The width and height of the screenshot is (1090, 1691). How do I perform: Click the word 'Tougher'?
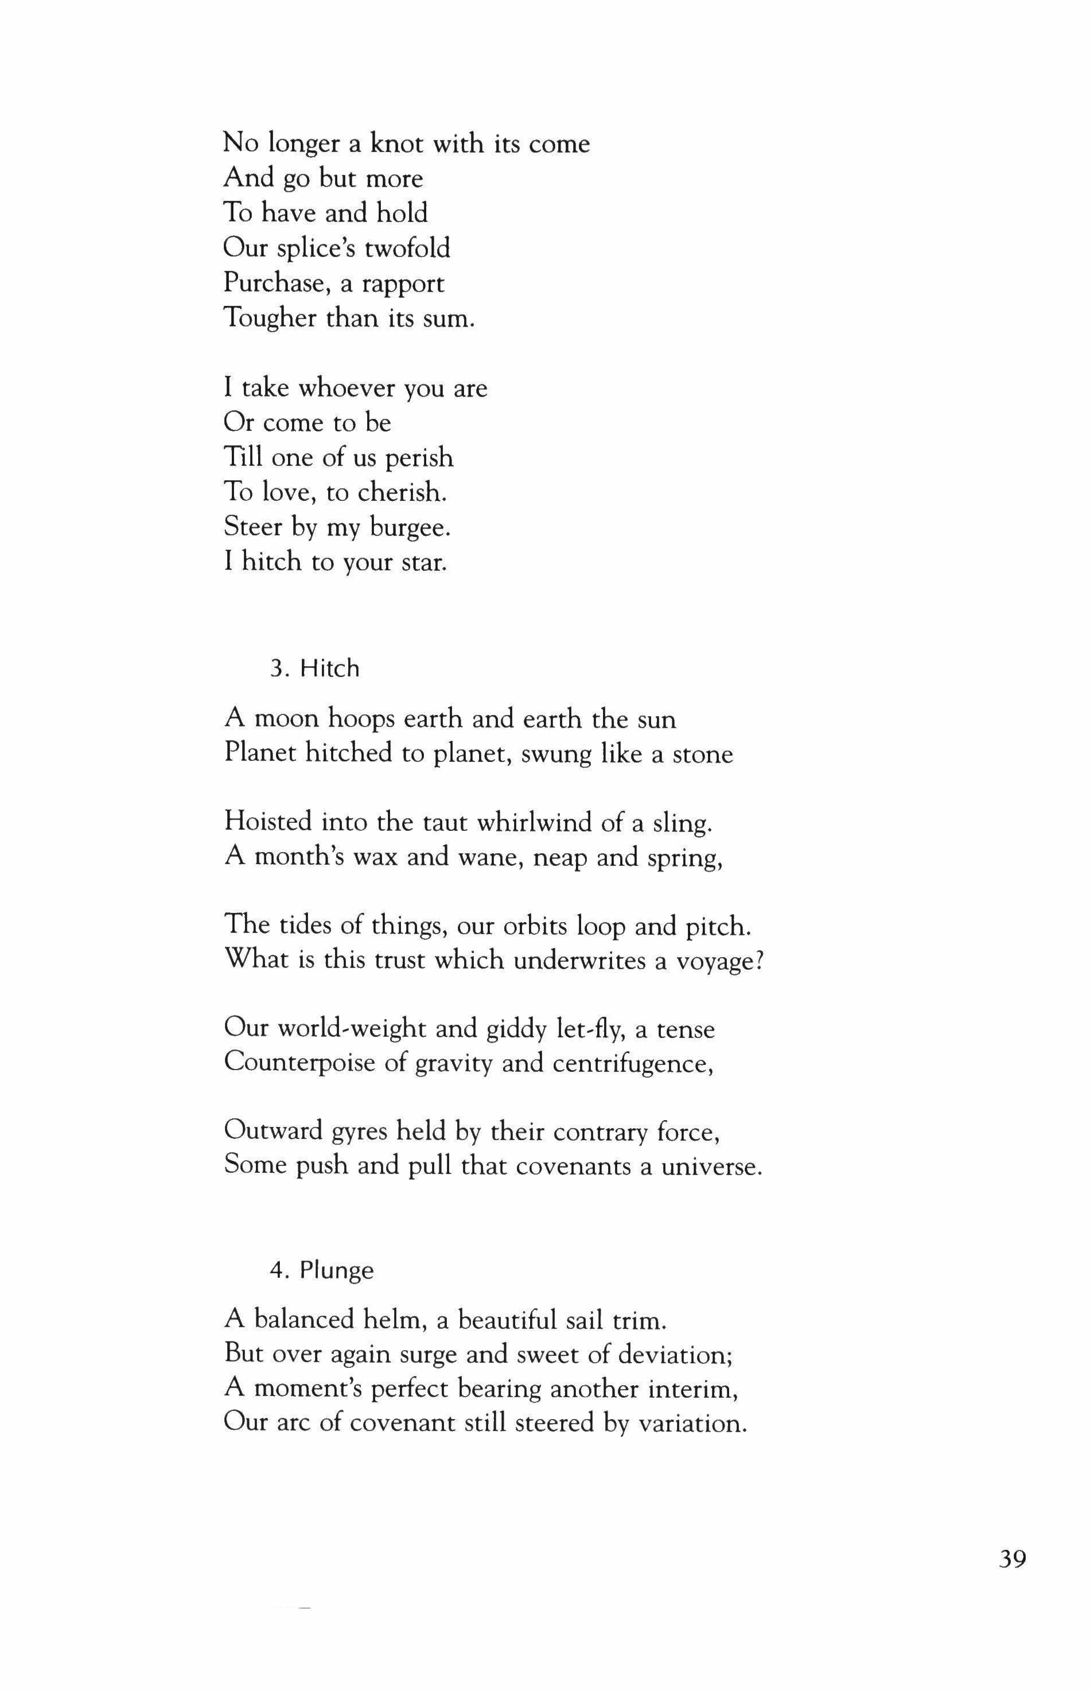click(270, 318)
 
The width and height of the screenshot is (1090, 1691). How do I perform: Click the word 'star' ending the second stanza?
click(424, 563)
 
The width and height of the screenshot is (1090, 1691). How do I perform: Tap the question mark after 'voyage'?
click(760, 961)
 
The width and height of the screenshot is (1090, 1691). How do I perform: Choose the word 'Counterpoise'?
click(299, 1064)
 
